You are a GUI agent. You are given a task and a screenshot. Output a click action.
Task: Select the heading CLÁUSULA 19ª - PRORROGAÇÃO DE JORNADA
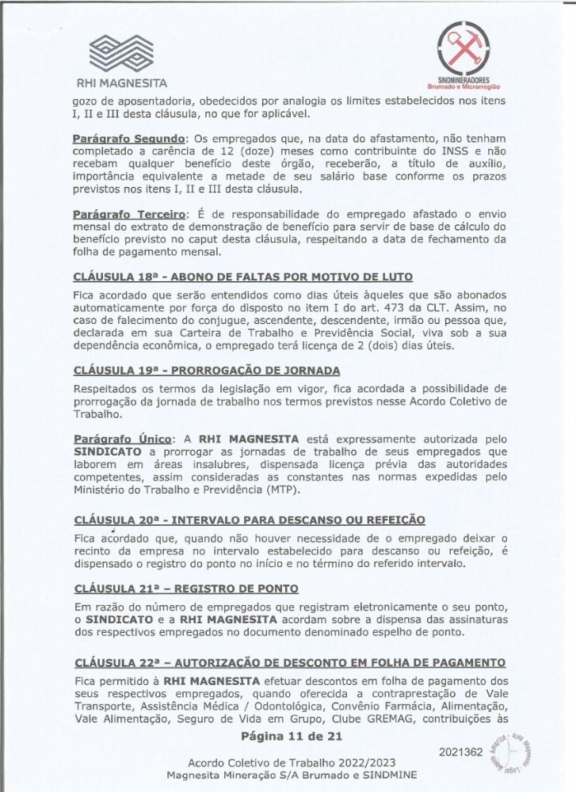pos(207,370)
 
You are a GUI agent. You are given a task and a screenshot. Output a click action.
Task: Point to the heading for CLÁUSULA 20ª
pos(249,520)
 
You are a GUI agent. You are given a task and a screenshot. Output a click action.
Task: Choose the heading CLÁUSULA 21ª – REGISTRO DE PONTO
pos(185,588)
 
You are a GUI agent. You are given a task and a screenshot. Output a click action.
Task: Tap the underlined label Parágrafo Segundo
pos(129,139)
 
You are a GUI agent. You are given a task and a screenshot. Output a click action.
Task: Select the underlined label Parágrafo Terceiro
pos(129,214)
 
